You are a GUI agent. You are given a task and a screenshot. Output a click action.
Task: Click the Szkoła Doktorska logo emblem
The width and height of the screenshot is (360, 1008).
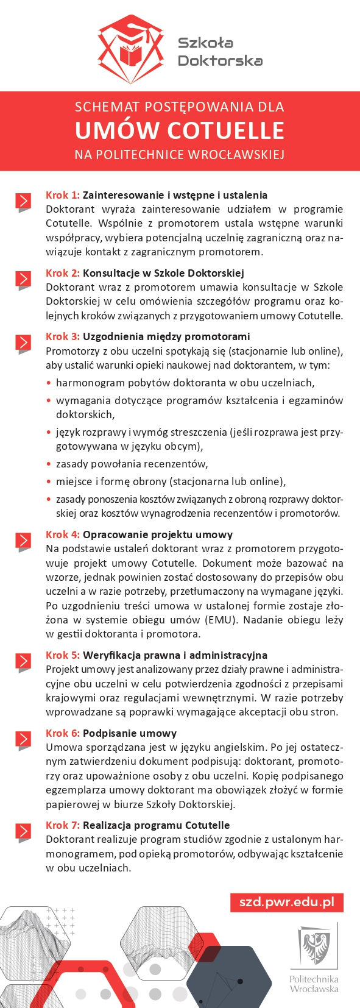point(131,43)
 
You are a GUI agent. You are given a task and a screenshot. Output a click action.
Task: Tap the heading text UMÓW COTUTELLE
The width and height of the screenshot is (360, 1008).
point(180,130)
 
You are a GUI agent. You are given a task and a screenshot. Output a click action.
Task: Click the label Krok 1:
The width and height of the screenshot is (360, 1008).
point(63,195)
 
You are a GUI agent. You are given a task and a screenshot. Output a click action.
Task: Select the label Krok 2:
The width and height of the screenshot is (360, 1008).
point(63,273)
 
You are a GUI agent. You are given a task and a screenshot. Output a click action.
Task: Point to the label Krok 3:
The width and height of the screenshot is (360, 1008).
point(63,336)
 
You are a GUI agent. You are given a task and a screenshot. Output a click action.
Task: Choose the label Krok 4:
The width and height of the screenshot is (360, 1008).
point(63,534)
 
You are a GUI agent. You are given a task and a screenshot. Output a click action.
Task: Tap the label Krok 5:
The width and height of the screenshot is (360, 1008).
point(63,655)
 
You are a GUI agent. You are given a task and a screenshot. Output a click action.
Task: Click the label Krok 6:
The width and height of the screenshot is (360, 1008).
point(63,733)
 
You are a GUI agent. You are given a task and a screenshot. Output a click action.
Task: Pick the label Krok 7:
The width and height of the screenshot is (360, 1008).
point(63,825)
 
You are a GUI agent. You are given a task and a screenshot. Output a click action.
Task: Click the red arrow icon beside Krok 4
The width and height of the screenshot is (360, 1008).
point(23,541)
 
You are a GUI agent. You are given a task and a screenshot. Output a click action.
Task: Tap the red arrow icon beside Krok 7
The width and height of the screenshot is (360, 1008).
point(23,832)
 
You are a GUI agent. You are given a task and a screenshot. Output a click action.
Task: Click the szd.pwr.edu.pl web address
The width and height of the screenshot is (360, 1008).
point(286,903)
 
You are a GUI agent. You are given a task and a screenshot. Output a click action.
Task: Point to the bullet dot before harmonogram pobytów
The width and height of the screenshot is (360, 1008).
point(49,383)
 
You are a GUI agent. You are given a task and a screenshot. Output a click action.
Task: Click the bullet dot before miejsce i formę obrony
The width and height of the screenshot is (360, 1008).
point(49,482)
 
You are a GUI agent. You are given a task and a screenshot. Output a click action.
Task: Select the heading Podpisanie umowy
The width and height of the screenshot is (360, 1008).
point(130,733)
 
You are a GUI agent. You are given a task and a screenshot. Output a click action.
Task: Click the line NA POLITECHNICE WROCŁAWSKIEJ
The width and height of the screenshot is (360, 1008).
point(180,155)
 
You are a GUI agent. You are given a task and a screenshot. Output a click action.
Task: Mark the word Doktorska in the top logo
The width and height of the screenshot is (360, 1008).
point(220,61)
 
